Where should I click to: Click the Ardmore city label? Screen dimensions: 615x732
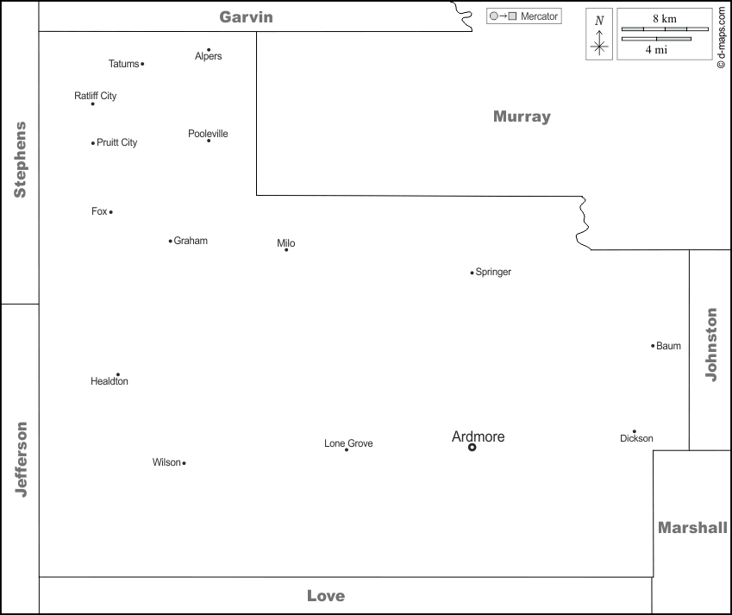[x=478, y=436]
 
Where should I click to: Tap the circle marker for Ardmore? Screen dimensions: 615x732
[x=472, y=448]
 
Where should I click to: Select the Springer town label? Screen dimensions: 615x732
[x=493, y=272]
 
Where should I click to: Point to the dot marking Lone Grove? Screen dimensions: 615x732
[x=347, y=449]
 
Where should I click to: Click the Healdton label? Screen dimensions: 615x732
[x=109, y=381]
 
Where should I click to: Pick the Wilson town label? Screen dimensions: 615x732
[x=166, y=462]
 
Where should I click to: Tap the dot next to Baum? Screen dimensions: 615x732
[x=653, y=346]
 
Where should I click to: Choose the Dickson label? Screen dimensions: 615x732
[x=636, y=438]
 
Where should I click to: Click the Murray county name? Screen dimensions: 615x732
[x=522, y=116]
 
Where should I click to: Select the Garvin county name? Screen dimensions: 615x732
[x=246, y=16]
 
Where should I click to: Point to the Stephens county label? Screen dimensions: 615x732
[x=20, y=160]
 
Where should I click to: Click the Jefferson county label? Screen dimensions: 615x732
[x=22, y=459]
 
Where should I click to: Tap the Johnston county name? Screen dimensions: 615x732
[x=711, y=344]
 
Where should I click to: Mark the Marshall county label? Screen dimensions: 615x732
[x=692, y=527]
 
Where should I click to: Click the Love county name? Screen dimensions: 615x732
[x=326, y=595]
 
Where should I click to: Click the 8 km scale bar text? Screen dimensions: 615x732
[x=664, y=18]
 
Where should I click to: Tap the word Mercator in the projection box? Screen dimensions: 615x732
[x=539, y=16]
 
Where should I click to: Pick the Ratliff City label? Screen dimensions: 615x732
[x=95, y=96]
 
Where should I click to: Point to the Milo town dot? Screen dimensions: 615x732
[x=286, y=249]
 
